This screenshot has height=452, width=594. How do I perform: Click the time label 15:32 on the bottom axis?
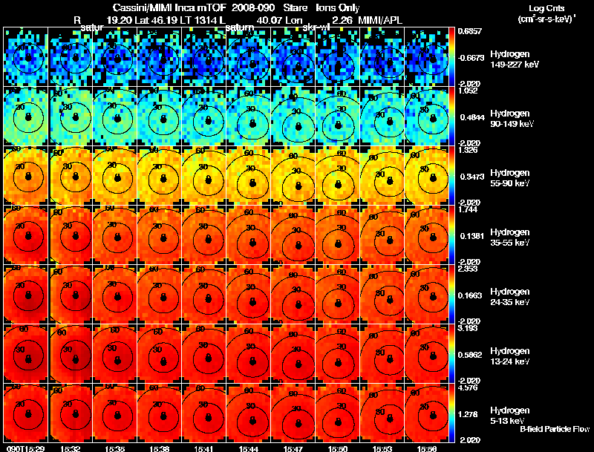(x=71, y=448)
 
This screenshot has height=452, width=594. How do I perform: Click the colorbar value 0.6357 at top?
(x=469, y=31)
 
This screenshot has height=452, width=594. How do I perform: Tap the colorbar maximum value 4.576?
(x=467, y=387)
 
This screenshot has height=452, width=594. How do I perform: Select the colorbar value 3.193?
(x=467, y=327)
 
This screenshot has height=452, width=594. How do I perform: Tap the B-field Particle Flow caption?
(x=555, y=429)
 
